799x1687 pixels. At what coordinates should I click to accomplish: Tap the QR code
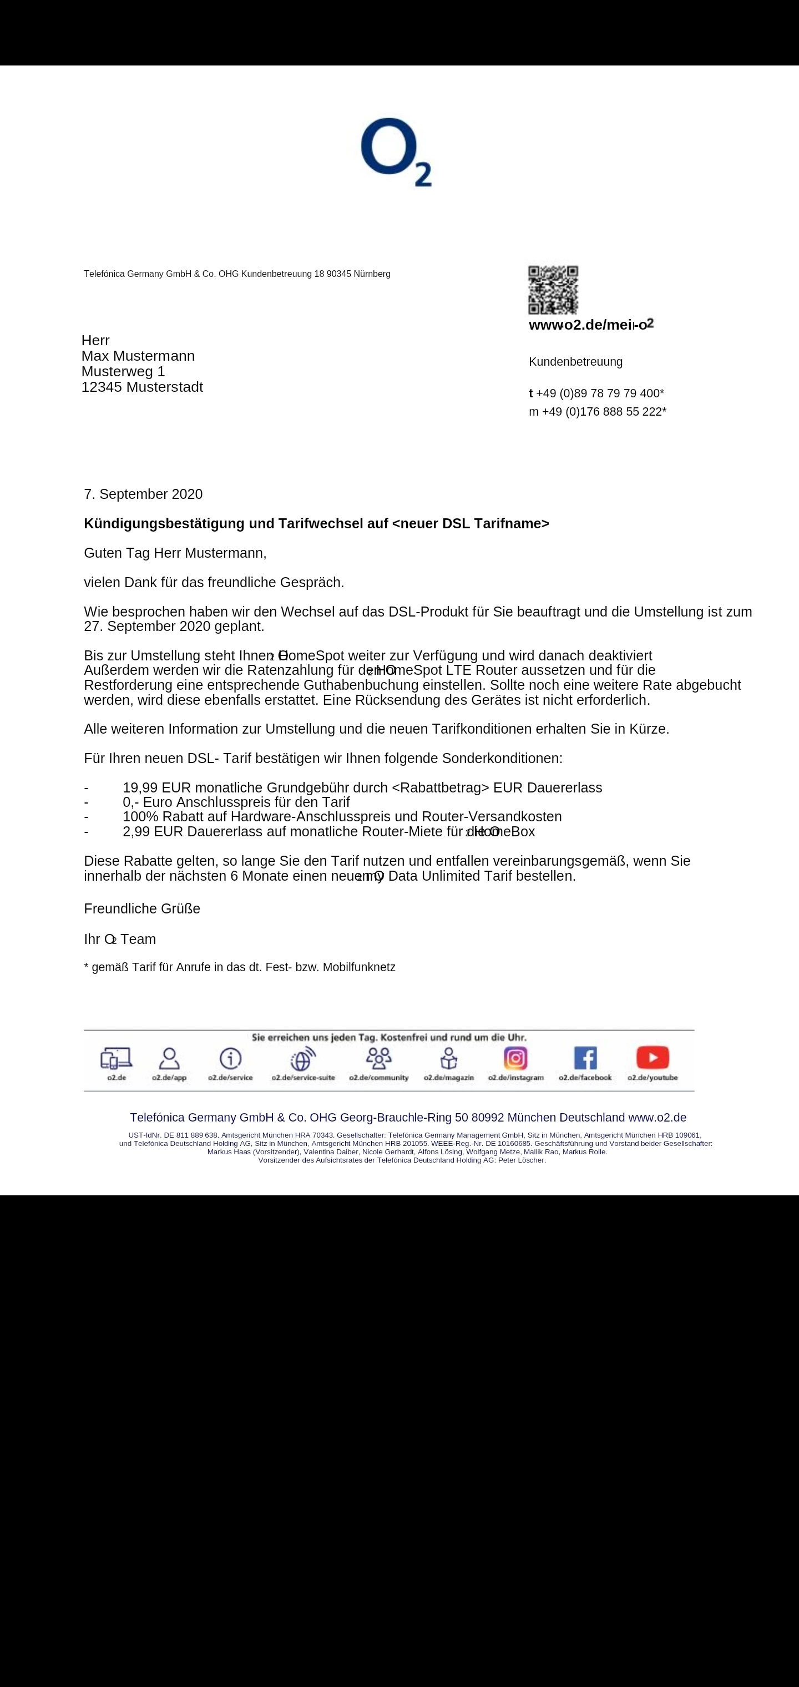[x=553, y=290]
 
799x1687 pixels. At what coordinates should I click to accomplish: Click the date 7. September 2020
[x=143, y=494]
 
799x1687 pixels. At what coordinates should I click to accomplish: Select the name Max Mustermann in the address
[x=138, y=356]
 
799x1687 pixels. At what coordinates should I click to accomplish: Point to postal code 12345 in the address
[x=102, y=387]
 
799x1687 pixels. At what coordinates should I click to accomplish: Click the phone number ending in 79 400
[x=599, y=393]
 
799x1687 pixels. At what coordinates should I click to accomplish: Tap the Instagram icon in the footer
[x=515, y=1058]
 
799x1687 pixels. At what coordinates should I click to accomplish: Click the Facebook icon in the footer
[x=585, y=1058]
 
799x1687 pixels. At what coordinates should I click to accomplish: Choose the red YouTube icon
[x=653, y=1057]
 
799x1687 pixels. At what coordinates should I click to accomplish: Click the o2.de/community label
[x=378, y=1077]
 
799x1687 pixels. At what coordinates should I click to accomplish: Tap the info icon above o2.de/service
[x=230, y=1058]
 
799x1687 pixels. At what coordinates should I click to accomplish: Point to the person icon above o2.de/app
[x=169, y=1058]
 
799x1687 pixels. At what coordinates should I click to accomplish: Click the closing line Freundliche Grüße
[x=142, y=908]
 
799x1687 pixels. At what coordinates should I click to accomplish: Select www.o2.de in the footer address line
[x=657, y=1117]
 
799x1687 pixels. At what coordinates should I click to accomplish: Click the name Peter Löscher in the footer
[x=522, y=1160]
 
